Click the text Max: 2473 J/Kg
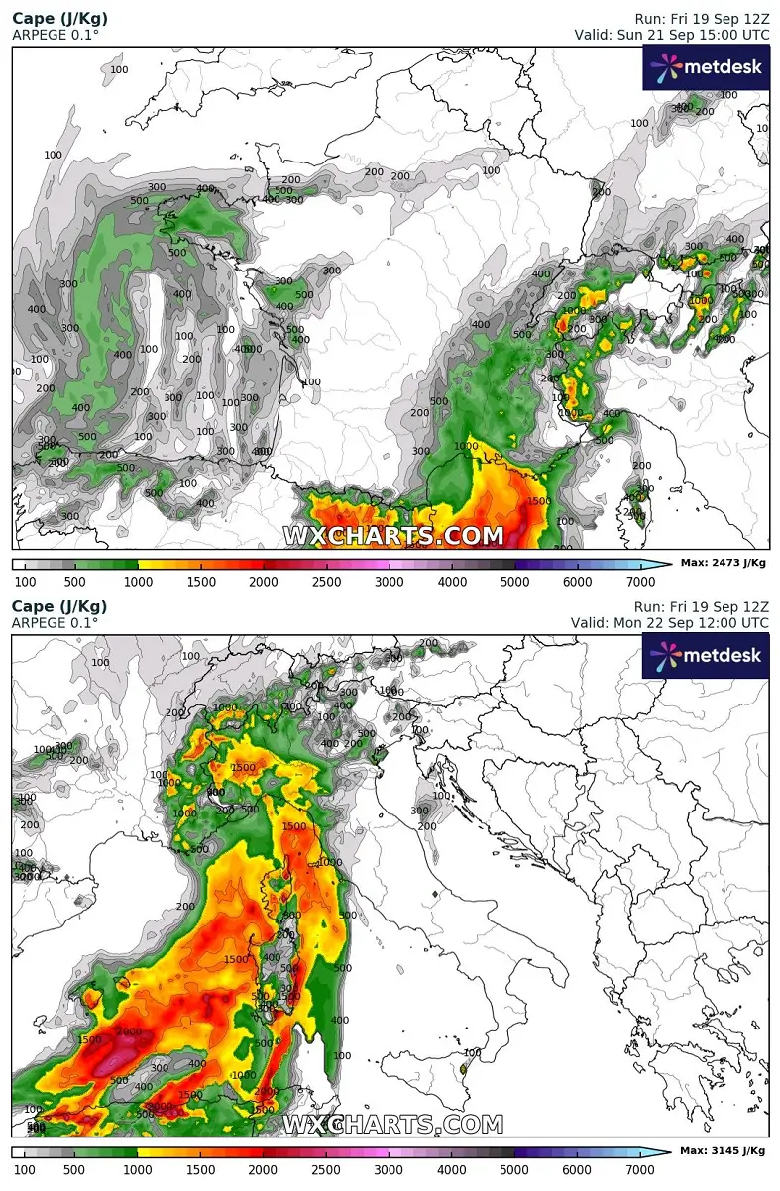click(x=723, y=563)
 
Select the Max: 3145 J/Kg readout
click(x=723, y=1150)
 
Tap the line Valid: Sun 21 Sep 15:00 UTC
click(x=671, y=35)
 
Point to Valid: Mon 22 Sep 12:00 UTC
click(x=669, y=622)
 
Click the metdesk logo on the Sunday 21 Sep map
click(x=706, y=68)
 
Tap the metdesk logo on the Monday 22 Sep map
click(x=706, y=656)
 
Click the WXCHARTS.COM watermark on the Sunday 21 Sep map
click(x=393, y=536)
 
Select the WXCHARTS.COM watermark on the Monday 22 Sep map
click(x=393, y=1124)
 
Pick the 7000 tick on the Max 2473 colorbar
click(x=640, y=581)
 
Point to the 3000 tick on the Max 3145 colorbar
click(x=390, y=1169)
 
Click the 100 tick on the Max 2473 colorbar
click(x=25, y=581)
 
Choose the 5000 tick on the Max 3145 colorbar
click(x=515, y=1169)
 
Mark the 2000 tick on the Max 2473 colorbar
click(x=264, y=581)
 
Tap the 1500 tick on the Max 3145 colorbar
click(x=201, y=1169)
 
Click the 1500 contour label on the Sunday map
click(x=538, y=502)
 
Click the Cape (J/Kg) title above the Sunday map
click(x=59, y=19)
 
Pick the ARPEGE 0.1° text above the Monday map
click(x=55, y=622)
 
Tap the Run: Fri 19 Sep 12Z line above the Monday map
click(x=702, y=606)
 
